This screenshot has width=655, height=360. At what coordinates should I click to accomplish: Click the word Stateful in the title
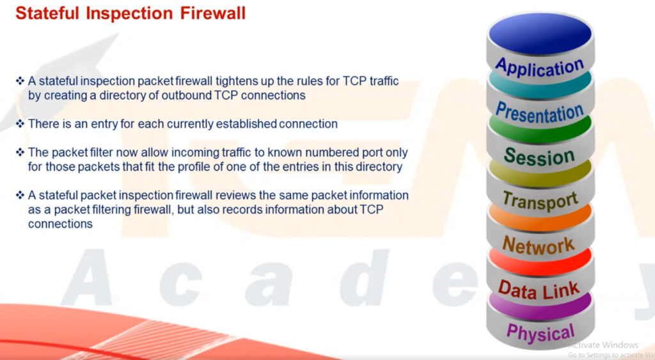[x=47, y=13]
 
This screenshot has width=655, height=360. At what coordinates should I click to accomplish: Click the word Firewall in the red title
[x=213, y=13]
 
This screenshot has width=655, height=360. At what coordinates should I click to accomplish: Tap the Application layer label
[x=540, y=67]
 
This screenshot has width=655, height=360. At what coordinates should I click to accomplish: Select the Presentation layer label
[x=540, y=113]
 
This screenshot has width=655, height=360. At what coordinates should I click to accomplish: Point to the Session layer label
[x=539, y=156]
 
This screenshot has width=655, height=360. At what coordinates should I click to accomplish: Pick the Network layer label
[x=539, y=245]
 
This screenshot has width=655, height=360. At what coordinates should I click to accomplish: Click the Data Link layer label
[x=539, y=290]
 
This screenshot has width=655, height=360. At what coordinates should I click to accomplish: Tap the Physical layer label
[x=540, y=333]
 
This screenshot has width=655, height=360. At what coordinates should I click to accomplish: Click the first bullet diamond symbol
[x=20, y=81]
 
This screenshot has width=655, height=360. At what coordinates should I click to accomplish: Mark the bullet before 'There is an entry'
[x=20, y=123]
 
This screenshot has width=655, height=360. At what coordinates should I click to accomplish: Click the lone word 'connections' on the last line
[x=60, y=224]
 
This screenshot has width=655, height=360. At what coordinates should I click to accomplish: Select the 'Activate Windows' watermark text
[x=604, y=345]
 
